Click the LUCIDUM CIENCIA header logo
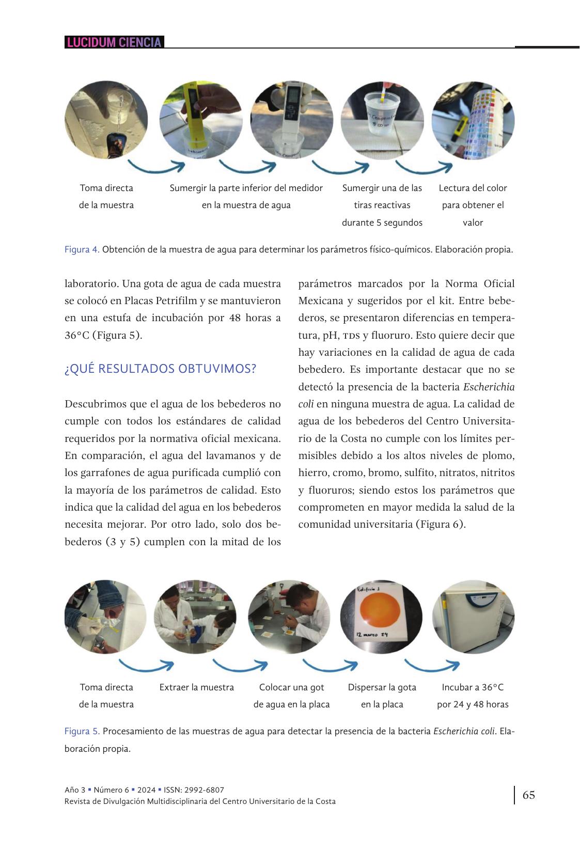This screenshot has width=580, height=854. tap(114, 42)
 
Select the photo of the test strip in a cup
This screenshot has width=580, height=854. tap(382, 120)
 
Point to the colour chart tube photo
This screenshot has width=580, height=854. tap(473, 120)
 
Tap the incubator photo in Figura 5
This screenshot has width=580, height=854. tap(473, 616)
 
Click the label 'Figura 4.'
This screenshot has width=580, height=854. tap(82, 249)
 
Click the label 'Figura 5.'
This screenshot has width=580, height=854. tap(82, 731)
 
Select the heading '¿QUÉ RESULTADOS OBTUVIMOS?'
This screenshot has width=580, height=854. tap(160, 369)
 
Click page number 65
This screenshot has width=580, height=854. tap(529, 795)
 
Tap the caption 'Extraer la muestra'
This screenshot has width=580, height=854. tap(196, 687)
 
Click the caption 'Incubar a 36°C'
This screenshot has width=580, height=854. tap(473, 687)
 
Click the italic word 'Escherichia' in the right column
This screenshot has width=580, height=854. tap(489, 387)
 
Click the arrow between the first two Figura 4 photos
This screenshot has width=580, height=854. tap(156, 166)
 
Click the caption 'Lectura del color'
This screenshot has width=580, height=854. tap(473, 188)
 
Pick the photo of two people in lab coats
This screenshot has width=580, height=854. tap(195, 616)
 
